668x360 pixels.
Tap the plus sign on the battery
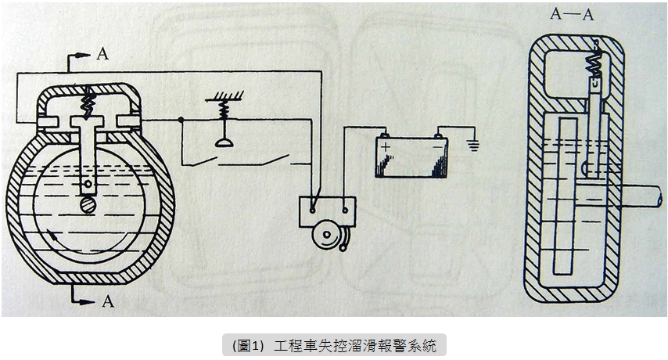coord(384,145)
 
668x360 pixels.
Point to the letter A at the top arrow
coord(102,55)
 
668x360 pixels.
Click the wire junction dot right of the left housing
coord(181,120)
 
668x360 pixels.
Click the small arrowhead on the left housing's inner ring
coord(52,232)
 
